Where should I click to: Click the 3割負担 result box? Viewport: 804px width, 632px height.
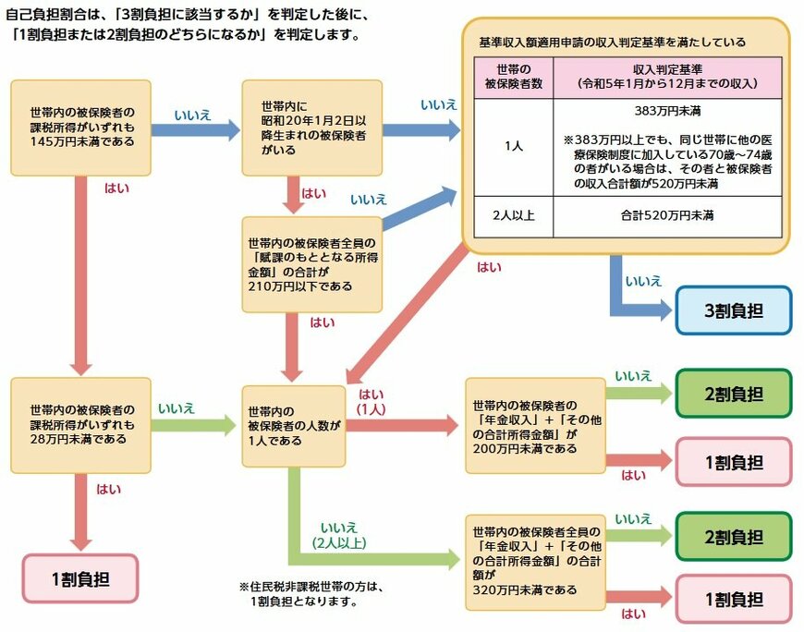pyautogui.click(x=734, y=310)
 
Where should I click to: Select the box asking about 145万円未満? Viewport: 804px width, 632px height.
pyautogui.click(x=81, y=128)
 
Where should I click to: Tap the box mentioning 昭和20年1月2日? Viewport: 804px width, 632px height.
pyautogui.click(x=311, y=128)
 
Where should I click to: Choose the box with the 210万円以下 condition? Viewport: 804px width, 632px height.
pyautogui.click(x=311, y=263)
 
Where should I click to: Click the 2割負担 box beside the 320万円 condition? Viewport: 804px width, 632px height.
pyautogui.click(x=734, y=536)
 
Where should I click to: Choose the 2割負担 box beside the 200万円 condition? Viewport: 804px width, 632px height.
pyautogui.click(x=734, y=393)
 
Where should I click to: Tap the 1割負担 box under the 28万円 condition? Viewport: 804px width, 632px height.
pyautogui.click(x=79, y=578)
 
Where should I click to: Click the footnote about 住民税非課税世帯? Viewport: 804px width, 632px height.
pyautogui.click(x=311, y=593)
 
